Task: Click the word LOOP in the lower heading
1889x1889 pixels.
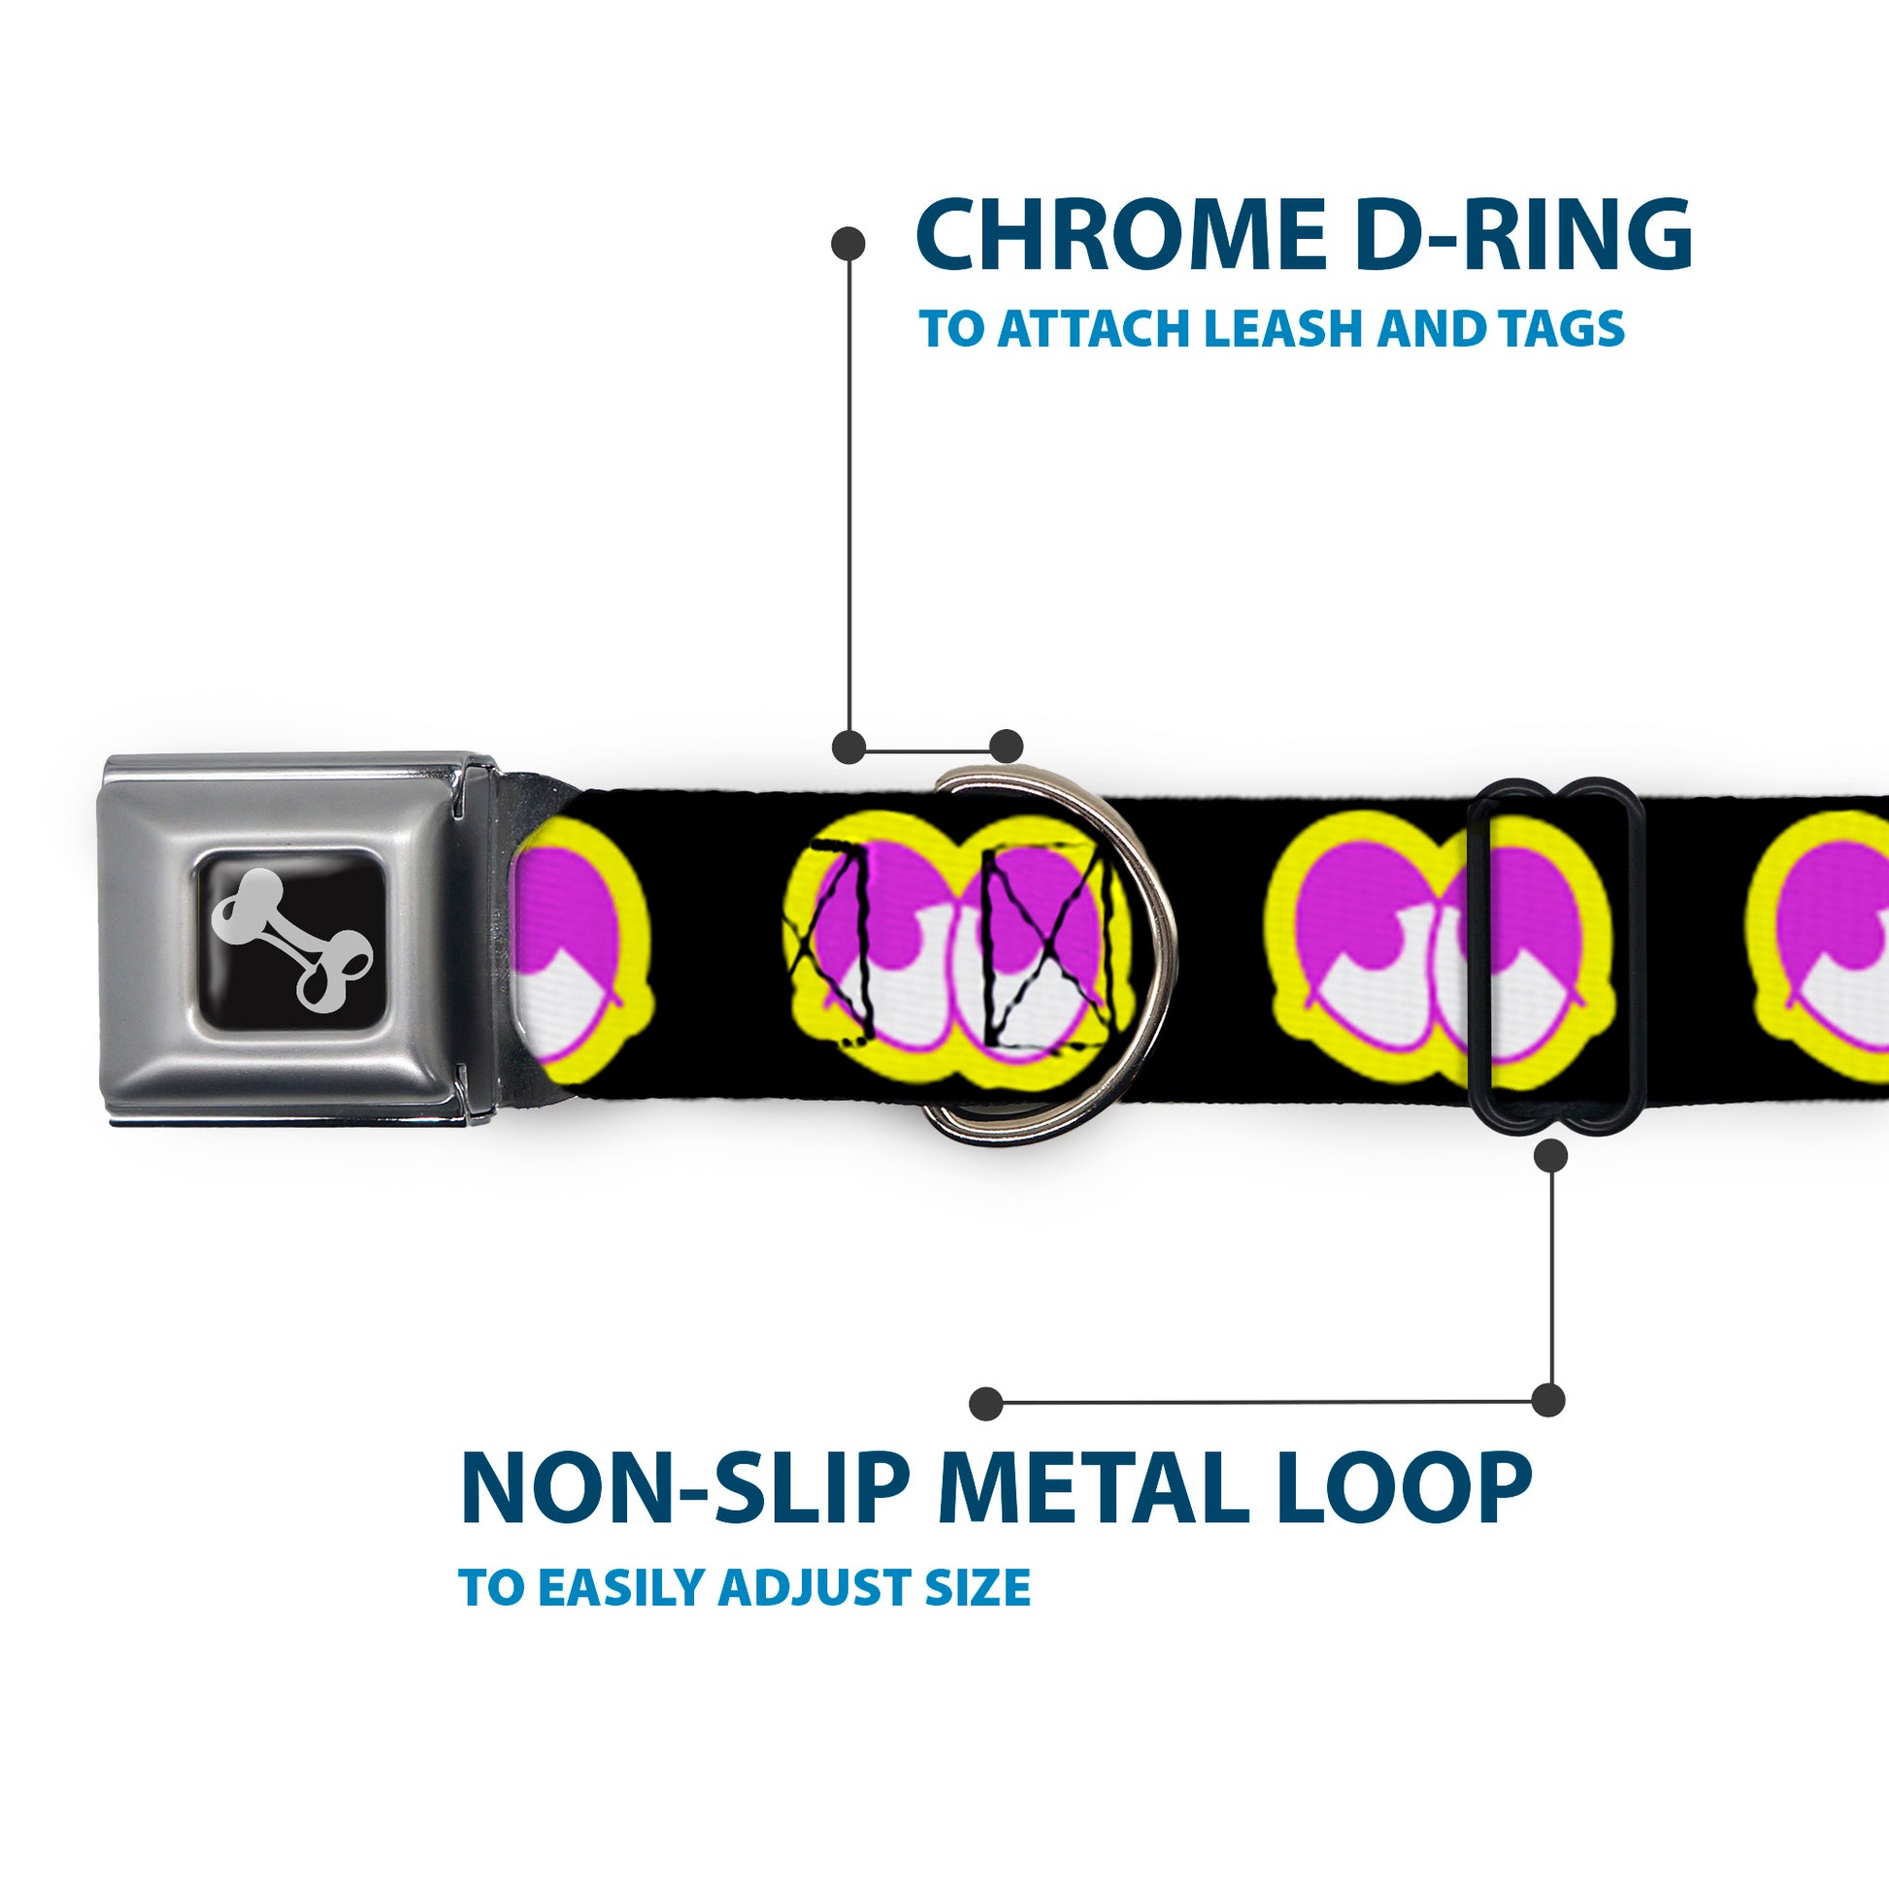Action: [x=1408, y=1493]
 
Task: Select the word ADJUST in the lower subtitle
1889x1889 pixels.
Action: [x=820, y=1588]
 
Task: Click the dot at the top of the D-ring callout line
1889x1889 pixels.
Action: [x=847, y=244]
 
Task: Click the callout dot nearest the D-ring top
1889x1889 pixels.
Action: [x=1006, y=746]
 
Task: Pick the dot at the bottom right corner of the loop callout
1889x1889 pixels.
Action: [x=1547, y=1400]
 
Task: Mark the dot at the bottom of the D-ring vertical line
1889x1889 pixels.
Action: [x=847, y=746]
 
